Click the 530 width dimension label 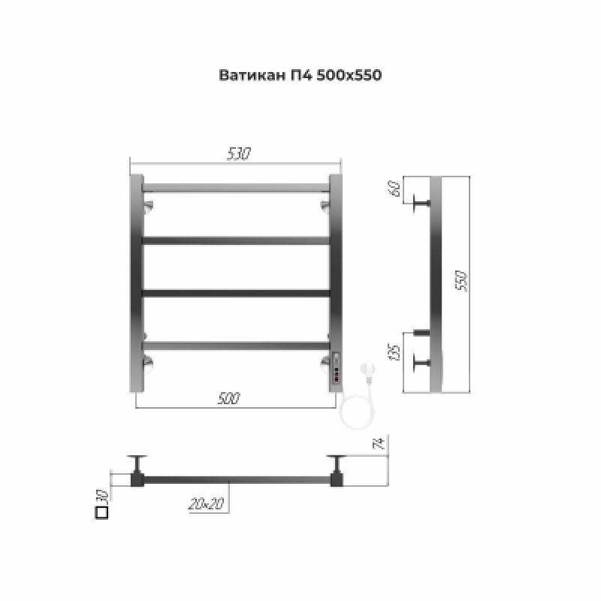point(239,154)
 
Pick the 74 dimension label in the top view point(381,445)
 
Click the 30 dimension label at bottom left point(103,496)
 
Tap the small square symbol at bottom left point(102,513)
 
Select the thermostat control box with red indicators point(336,371)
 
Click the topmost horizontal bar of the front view point(236,186)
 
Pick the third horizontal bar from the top point(236,292)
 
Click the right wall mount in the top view point(335,470)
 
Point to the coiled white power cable point(352,409)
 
